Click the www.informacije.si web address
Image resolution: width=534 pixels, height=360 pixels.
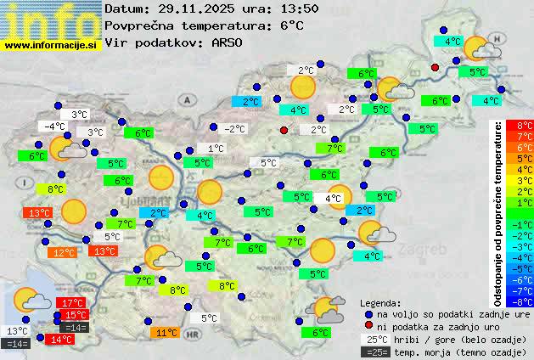coord(51,44)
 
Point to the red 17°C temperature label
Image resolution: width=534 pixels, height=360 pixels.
coord(71,303)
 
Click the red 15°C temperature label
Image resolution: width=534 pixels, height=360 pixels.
coord(75,315)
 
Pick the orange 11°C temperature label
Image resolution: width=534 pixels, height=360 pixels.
coord(166,333)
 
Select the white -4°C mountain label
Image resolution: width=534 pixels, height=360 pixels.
coord(55,127)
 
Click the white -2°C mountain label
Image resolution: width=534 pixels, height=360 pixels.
coord(233,129)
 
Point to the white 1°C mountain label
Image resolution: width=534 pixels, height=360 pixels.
coord(216,149)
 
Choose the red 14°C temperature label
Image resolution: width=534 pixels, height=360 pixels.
coord(61,339)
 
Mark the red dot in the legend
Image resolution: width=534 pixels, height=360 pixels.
coord(368,326)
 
